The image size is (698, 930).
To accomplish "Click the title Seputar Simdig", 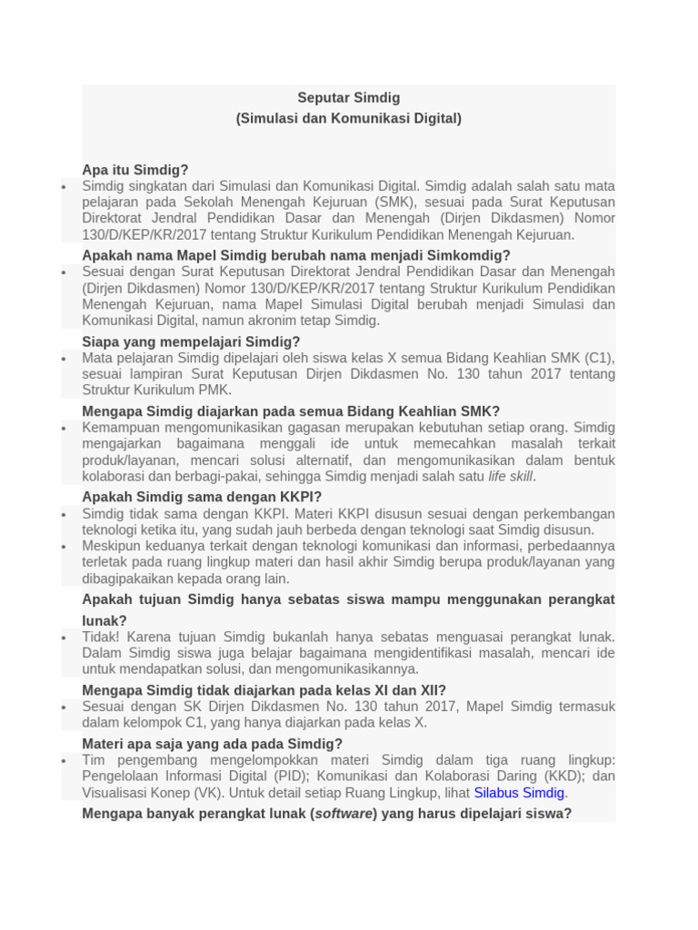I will coord(349,97).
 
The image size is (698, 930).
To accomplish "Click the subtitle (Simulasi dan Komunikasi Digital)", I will coord(349,118).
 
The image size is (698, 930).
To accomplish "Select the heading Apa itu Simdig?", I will coord(135,170).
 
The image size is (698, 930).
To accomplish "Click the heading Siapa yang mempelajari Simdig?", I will coord(191,341).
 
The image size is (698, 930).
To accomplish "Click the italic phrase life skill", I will coord(510,476).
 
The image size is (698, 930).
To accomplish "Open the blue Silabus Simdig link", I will coord(519,792).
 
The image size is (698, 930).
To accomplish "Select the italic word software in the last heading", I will coord(343,813).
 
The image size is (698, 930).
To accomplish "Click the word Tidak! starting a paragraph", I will coord(100,637).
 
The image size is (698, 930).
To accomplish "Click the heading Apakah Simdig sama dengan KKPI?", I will coord(202,497).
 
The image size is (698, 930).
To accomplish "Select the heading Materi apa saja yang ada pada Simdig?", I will coord(213,744).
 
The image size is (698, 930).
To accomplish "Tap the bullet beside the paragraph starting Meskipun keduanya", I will coord(64,547).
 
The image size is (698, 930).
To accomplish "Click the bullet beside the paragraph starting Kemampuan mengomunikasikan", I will coord(64,428).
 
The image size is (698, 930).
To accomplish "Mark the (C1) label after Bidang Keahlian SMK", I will coord(597,358).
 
